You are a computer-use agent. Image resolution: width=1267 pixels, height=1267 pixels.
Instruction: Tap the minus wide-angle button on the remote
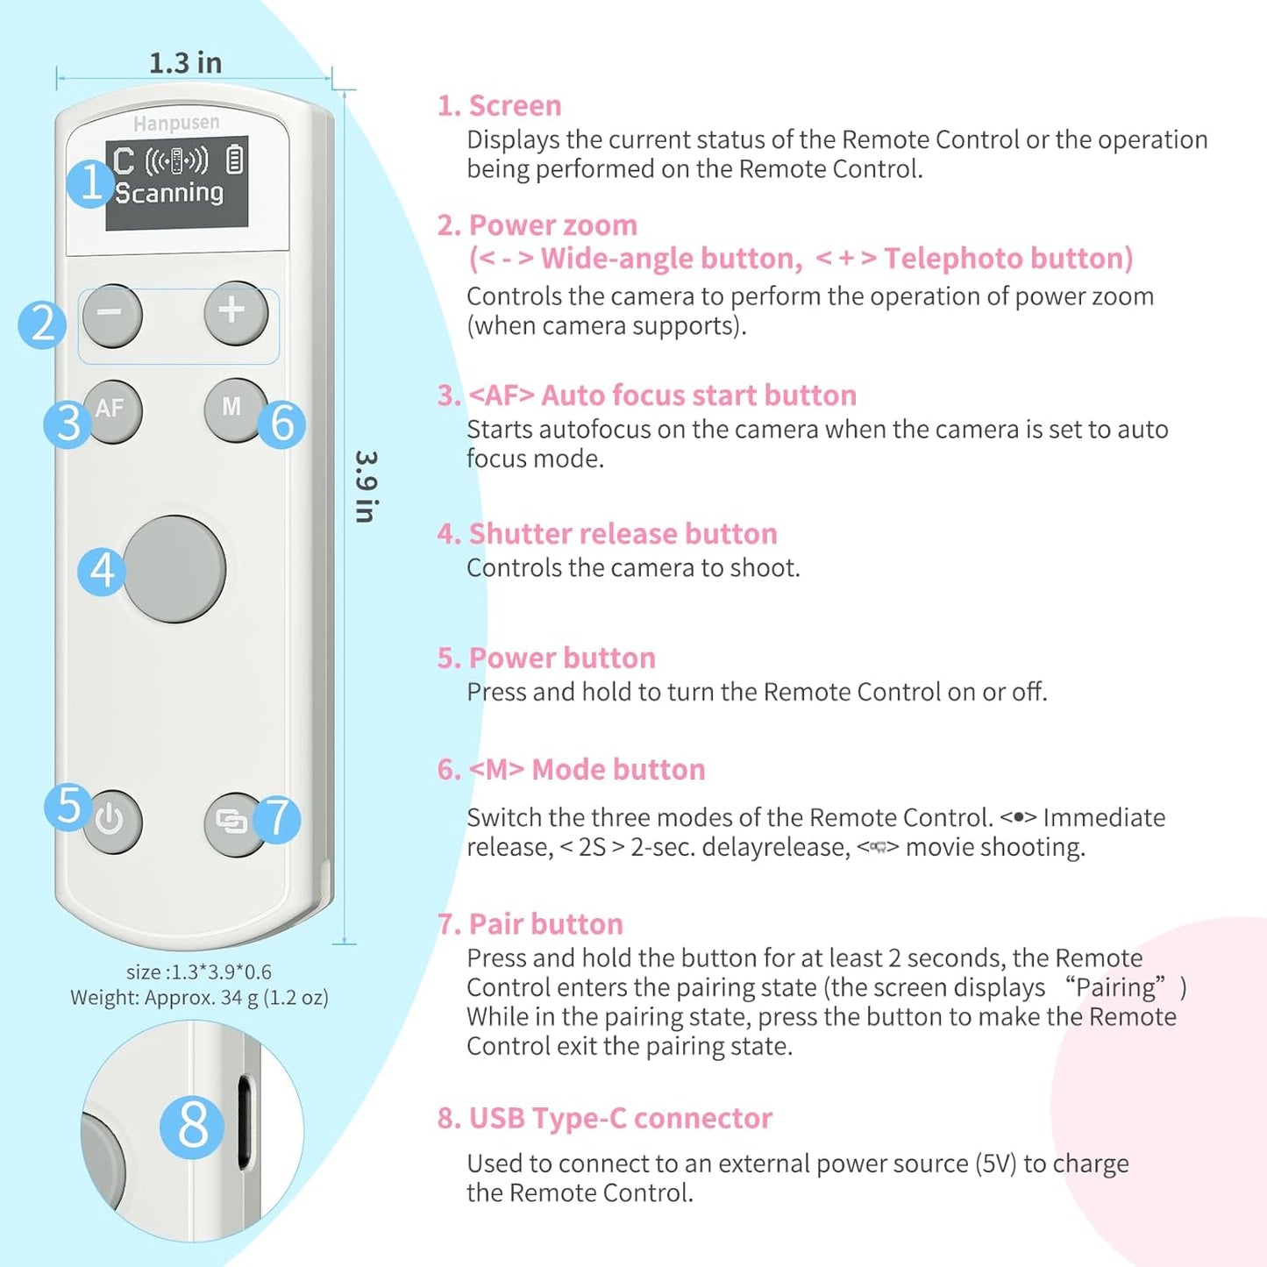(112, 315)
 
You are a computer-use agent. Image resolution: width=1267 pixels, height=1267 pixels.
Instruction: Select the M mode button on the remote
(231, 409)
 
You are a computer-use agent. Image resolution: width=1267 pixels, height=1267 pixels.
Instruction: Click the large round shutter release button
(175, 569)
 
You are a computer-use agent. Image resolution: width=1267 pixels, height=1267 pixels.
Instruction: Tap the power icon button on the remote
(111, 822)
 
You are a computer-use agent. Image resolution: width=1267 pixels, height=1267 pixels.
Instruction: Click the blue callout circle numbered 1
(90, 183)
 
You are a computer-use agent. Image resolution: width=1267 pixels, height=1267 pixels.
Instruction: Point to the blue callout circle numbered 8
(192, 1126)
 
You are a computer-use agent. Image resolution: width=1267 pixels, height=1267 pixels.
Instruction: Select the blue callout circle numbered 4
(102, 571)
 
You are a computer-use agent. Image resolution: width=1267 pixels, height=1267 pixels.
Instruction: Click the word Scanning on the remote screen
(169, 193)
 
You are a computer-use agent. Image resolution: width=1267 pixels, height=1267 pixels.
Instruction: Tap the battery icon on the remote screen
(234, 160)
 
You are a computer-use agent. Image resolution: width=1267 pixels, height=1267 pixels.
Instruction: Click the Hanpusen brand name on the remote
(176, 123)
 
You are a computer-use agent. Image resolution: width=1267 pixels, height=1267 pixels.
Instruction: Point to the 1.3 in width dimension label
(185, 63)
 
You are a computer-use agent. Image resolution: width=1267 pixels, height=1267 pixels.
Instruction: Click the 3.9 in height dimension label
(366, 487)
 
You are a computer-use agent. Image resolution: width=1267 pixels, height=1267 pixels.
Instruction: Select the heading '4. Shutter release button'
(607, 534)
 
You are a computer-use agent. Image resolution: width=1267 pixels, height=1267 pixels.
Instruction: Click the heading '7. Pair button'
(530, 924)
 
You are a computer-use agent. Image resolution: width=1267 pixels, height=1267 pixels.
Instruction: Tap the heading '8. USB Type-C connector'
(604, 1119)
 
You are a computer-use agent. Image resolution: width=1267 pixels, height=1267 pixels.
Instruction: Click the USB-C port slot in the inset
(245, 1123)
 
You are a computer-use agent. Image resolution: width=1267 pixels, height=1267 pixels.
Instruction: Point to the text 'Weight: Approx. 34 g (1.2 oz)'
(199, 998)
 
